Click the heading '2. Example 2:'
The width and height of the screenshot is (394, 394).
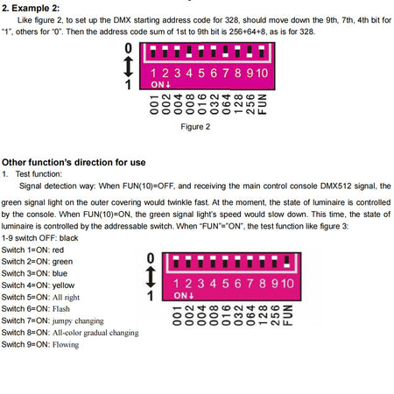pos(31,8)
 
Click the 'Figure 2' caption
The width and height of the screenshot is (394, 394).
pos(195,127)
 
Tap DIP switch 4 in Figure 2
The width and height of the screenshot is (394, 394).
pos(189,52)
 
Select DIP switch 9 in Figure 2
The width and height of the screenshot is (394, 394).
pos(250,52)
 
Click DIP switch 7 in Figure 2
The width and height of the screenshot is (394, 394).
pos(225,52)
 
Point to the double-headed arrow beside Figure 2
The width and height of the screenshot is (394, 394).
pos(128,67)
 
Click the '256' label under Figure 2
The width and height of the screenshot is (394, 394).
pos(250,104)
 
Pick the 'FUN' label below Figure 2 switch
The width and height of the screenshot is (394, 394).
pos(263,104)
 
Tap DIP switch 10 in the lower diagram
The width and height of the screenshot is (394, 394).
pos(286,262)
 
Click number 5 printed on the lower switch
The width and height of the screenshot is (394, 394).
pos(225,284)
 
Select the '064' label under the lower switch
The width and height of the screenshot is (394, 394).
pos(250,315)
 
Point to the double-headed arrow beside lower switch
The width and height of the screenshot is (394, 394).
pos(151,277)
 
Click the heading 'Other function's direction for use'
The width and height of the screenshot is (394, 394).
pos(74,162)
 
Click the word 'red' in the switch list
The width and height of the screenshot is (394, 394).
pos(58,250)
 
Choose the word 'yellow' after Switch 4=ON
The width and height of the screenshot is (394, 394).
pos(63,285)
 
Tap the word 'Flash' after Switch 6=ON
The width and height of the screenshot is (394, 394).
pos(61,309)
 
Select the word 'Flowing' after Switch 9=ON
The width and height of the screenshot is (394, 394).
pos(66,345)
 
